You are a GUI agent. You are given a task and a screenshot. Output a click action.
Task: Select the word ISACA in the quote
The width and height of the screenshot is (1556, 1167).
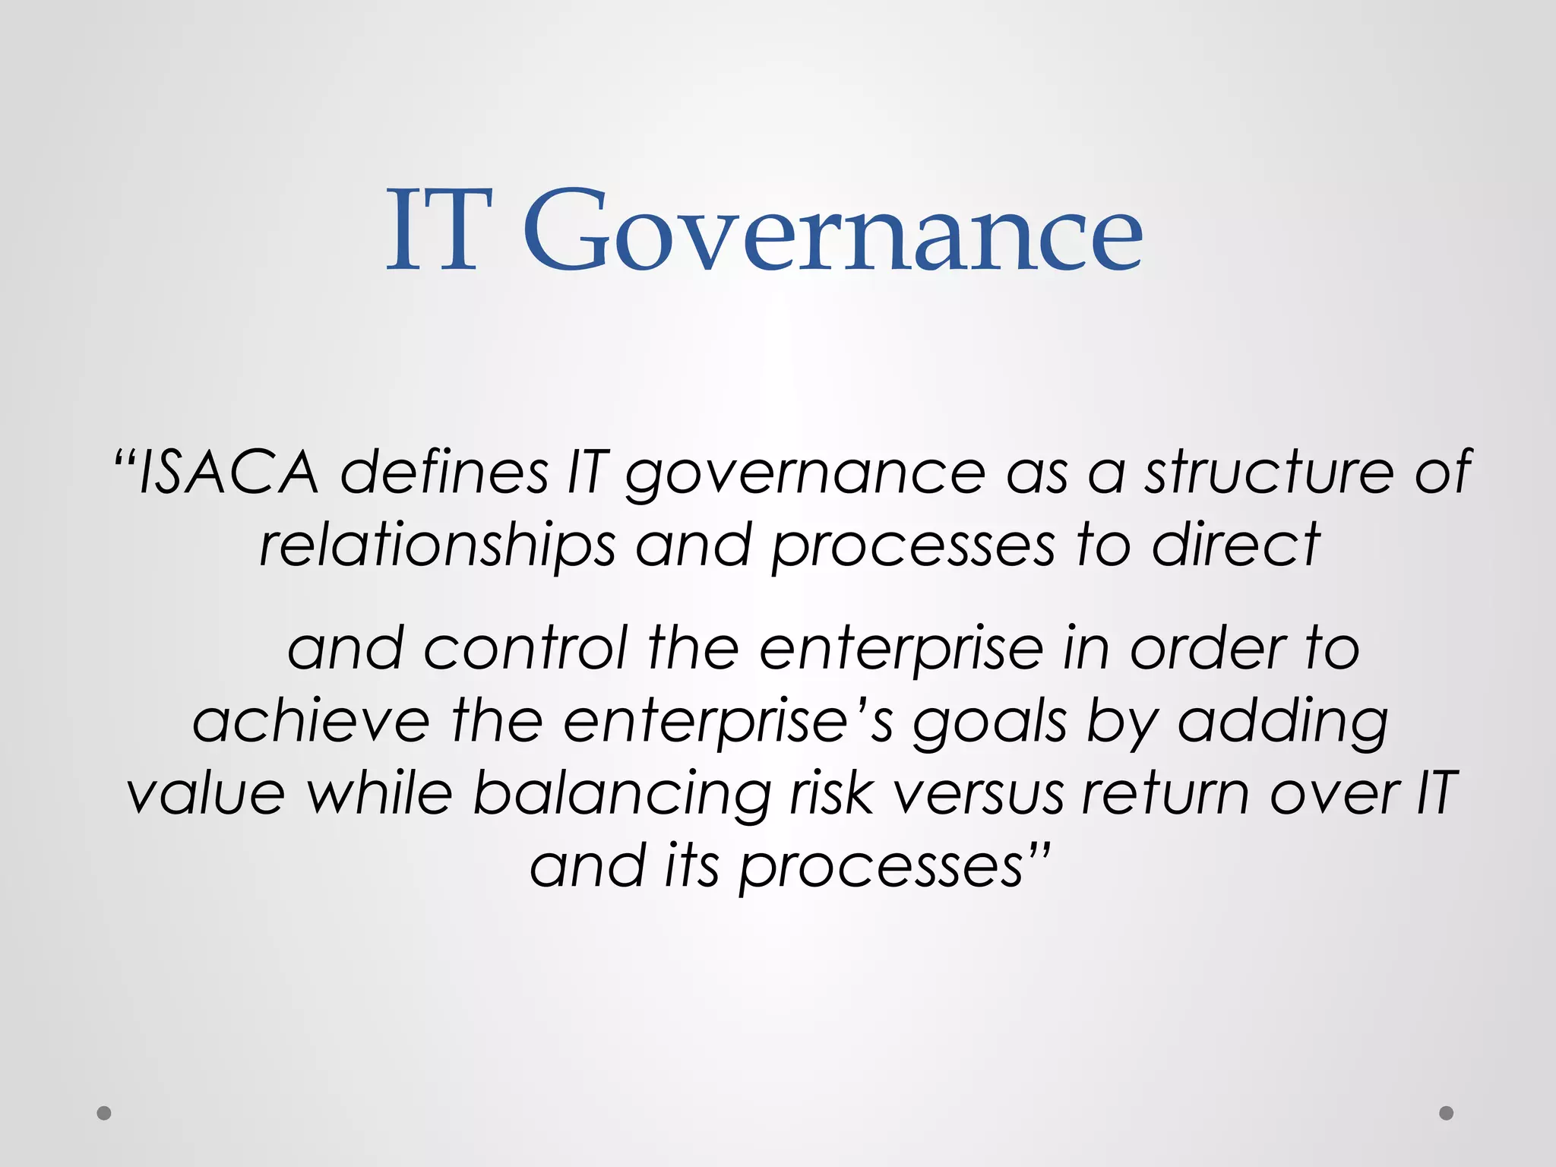click(x=228, y=473)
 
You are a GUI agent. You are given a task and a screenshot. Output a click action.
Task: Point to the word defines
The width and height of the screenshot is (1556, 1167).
click(x=444, y=473)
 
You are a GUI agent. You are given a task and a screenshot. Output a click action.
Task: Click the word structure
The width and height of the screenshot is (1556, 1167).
click(x=1269, y=473)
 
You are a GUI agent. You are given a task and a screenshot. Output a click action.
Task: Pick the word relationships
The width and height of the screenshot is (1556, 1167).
click(x=437, y=546)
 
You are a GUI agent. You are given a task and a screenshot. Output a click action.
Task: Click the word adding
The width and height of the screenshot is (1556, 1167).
click(x=1282, y=722)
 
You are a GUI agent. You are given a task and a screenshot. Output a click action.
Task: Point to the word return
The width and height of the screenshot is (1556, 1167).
click(x=1165, y=794)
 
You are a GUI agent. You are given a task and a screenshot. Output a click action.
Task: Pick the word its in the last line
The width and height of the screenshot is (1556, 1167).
click(x=691, y=866)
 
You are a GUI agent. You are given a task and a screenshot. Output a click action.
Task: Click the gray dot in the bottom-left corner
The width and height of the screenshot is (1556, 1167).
click(x=104, y=1113)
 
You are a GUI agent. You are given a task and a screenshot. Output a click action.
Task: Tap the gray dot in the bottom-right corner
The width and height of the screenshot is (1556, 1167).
click(x=1447, y=1113)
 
